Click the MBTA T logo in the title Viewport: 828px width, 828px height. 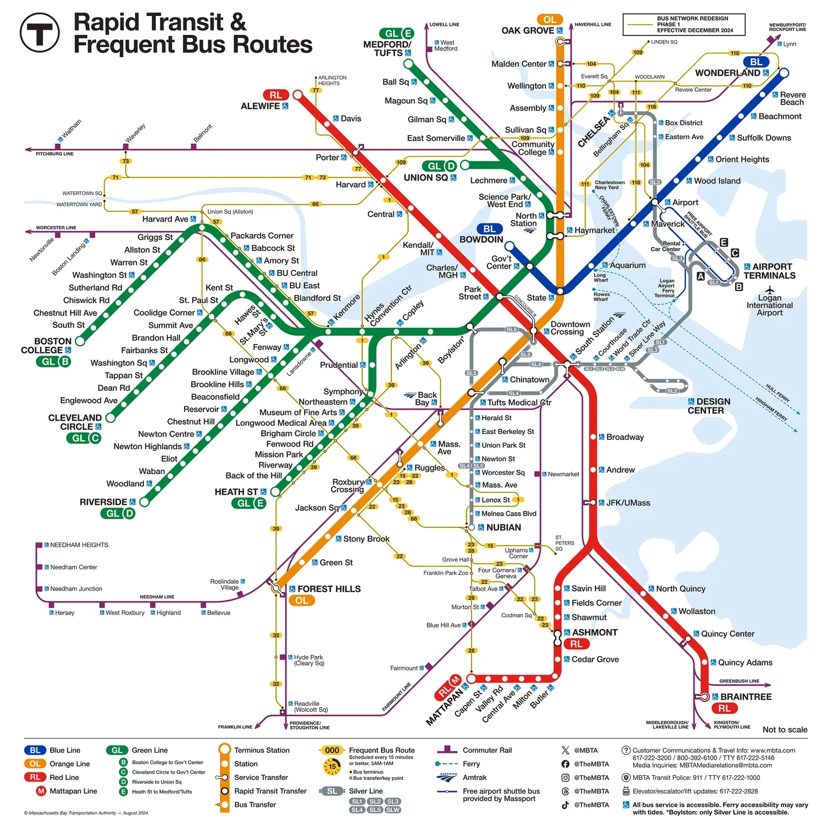[40, 33]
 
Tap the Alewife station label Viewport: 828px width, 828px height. [260, 106]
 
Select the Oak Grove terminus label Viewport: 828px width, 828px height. [528, 30]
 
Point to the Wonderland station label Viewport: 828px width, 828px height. [728, 73]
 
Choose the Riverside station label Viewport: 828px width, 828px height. [103, 502]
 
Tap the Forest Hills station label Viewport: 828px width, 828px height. [329, 589]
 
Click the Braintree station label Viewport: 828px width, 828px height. [745, 697]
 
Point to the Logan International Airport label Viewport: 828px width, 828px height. [770, 305]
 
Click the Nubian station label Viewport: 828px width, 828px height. [504, 527]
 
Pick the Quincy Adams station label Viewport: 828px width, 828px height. [745, 662]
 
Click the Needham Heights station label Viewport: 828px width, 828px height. [79, 545]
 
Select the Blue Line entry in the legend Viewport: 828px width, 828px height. [65, 750]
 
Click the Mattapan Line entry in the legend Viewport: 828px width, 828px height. [73, 791]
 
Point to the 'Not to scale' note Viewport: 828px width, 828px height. [784, 729]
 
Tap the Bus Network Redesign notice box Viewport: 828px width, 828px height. [684, 25]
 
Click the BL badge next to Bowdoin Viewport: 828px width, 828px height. [489, 229]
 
